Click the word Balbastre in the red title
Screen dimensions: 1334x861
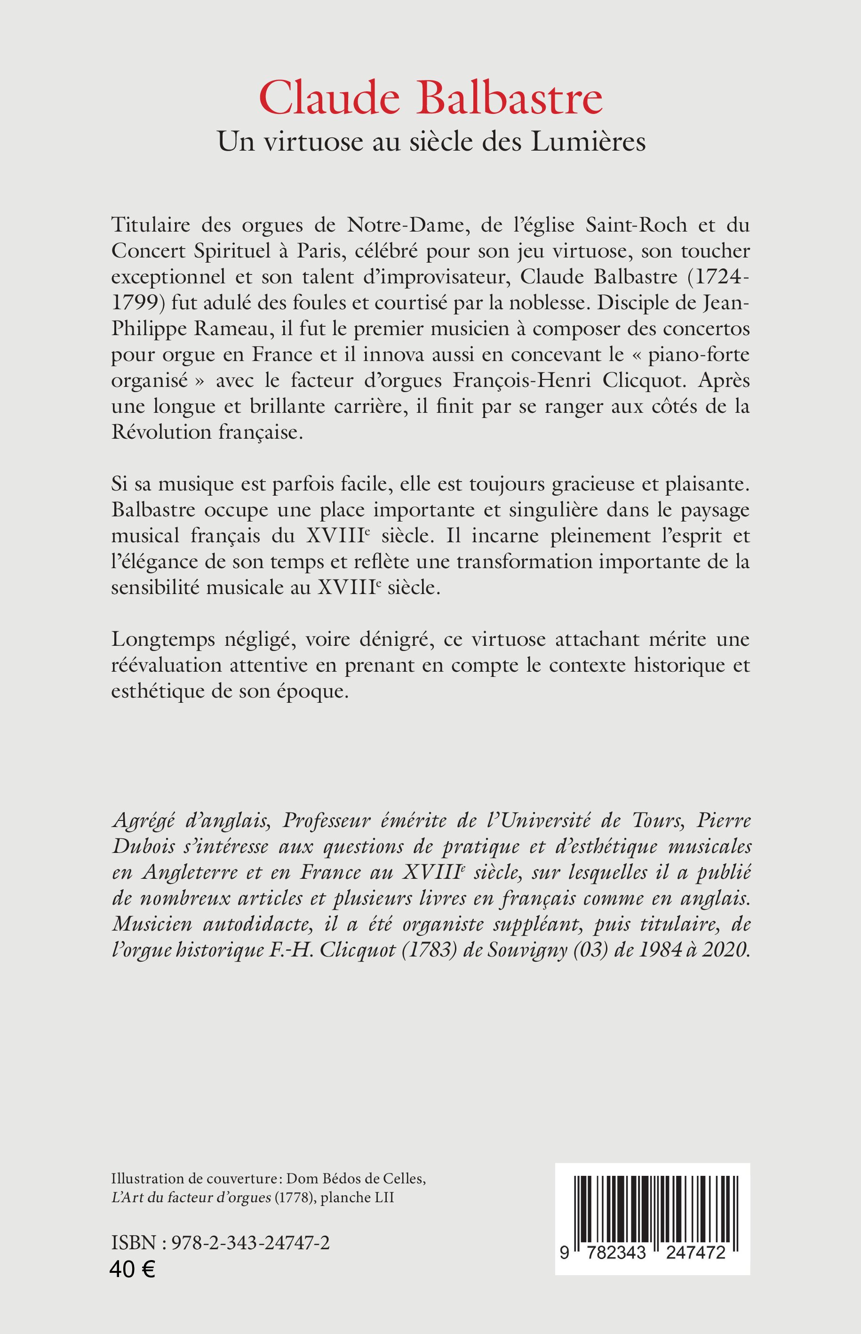(510, 98)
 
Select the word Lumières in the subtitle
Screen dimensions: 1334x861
(588, 142)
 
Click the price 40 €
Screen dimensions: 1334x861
(133, 1267)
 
